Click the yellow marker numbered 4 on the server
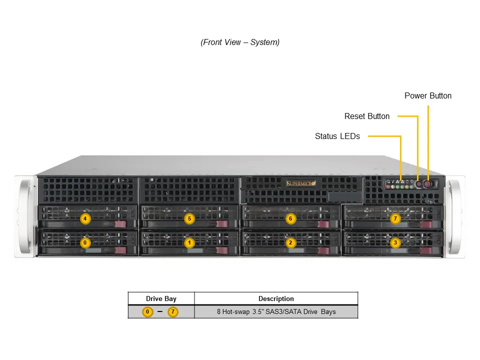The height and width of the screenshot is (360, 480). point(85,218)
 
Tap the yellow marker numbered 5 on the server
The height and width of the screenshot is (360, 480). point(189,218)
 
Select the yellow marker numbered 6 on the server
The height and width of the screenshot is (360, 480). point(290,218)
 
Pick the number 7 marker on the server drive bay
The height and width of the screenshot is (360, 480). point(395,218)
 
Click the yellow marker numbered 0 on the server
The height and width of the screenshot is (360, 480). point(85,243)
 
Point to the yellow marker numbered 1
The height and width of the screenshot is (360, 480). point(189,243)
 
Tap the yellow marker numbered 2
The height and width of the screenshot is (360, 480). point(290,243)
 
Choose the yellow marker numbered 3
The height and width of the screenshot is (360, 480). point(395,243)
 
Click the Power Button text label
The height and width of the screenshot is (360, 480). point(427,96)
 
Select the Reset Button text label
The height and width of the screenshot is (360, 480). point(366,116)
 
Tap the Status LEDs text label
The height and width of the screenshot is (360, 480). point(337,136)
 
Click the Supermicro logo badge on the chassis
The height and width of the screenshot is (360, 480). point(300,183)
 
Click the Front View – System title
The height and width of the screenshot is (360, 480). point(240,42)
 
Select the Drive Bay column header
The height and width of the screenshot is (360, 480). point(161,298)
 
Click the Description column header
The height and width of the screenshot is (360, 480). point(276,298)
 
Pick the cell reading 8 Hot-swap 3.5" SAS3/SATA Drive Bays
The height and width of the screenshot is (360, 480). point(276,311)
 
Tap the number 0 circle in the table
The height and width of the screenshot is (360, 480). point(147,312)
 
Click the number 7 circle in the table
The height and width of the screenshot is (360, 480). point(173,312)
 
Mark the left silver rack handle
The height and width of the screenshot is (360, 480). point(24,216)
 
